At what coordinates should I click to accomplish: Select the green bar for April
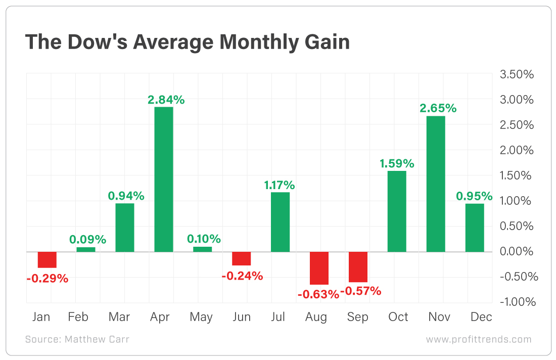click(163, 179)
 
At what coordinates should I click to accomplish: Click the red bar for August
click(319, 268)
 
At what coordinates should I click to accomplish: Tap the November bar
click(436, 184)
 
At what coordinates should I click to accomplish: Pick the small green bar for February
click(85, 249)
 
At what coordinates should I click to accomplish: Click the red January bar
click(47, 259)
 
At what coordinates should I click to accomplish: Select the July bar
click(280, 222)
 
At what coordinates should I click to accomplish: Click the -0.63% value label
click(318, 294)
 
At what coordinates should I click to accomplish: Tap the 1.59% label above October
click(397, 163)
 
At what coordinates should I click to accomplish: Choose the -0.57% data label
click(361, 291)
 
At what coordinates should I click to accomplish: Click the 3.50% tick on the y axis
click(517, 74)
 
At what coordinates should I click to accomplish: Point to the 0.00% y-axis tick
click(517, 251)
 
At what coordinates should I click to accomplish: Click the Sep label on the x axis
click(358, 317)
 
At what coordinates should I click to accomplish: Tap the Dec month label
click(481, 317)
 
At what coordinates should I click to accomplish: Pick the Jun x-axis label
click(242, 317)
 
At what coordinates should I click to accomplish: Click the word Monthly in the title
click(247, 42)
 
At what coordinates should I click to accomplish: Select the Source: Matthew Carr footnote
click(77, 339)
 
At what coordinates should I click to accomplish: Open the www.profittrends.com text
click(479, 339)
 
